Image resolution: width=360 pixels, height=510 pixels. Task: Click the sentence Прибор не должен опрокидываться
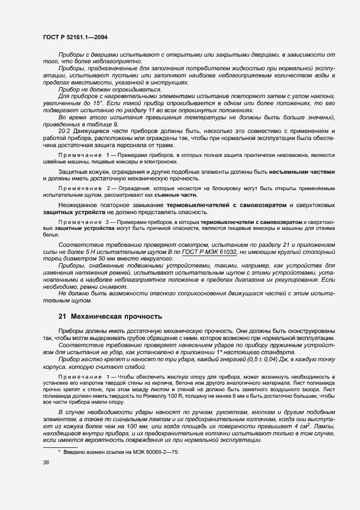101,88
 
